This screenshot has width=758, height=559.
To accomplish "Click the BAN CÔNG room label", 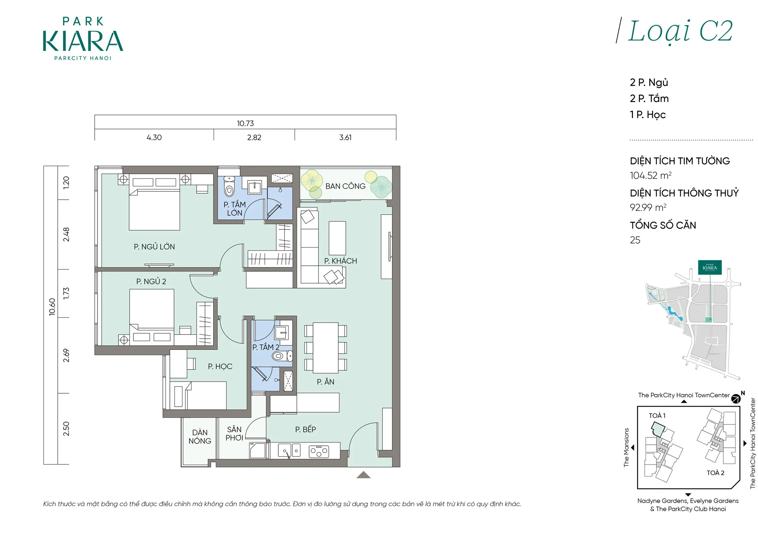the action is pyautogui.click(x=345, y=186).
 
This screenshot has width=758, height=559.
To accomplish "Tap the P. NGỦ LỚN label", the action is pyautogui.click(x=154, y=247).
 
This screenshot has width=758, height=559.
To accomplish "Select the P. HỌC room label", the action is pyautogui.click(x=220, y=366).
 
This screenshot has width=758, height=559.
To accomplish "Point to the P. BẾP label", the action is pyautogui.click(x=305, y=429).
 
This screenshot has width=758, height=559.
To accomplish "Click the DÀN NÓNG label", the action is pyautogui.click(x=200, y=437).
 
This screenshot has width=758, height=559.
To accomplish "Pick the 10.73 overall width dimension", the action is pyautogui.click(x=245, y=124).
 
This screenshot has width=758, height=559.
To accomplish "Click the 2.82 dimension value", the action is pyautogui.click(x=254, y=137).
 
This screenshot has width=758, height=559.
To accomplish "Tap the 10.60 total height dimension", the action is pyautogui.click(x=52, y=307).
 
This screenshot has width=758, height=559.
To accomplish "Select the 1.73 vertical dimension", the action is pyautogui.click(x=66, y=293).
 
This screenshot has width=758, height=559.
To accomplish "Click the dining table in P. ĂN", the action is pyautogui.click(x=326, y=348).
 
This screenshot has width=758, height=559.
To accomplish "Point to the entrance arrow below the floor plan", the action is pyautogui.click(x=363, y=475).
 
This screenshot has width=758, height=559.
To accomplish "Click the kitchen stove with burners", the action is pyautogui.click(x=319, y=451).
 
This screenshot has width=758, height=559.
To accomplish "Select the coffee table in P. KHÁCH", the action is pyautogui.click(x=337, y=238).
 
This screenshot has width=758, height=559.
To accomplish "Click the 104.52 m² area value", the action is pyautogui.click(x=651, y=175).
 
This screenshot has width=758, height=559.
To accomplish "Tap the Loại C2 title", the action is pyautogui.click(x=680, y=31).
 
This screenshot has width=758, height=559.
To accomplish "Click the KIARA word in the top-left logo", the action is pyautogui.click(x=83, y=41).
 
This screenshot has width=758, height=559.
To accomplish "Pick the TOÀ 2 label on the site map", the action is pyautogui.click(x=715, y=473).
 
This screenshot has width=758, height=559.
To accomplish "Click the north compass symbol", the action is pyautogui.click(x=736, y=399).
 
